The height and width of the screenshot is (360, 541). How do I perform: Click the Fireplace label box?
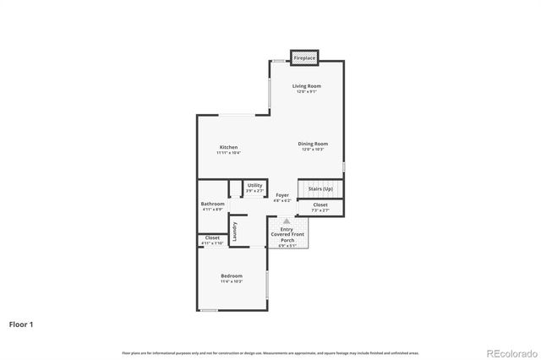tap(304, 58)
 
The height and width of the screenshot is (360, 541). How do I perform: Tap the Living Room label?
tap(307, 86)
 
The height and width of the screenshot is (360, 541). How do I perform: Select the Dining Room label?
tap(313, 144)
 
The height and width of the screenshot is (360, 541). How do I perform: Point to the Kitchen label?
tap(228, 147)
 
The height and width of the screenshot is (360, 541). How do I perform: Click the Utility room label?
tap(254, 185)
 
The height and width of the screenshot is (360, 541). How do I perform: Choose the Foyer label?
tap(282, 195)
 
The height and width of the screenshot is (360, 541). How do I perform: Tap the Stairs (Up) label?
tap(320, 188)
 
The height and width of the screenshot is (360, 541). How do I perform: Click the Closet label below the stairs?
tap(320, 205)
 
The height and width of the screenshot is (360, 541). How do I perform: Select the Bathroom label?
tap(212, 204)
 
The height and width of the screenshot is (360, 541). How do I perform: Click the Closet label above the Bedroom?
tap(212, 238)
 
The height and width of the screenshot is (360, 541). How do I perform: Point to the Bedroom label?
tap(232, 275)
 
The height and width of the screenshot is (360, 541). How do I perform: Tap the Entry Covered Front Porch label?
tap(287, 232)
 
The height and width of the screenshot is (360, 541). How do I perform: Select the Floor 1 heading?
tap(22, 324)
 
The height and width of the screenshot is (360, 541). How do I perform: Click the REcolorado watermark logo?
tap(507, 352)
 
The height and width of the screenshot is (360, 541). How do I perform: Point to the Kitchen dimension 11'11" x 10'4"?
tap(228, 153)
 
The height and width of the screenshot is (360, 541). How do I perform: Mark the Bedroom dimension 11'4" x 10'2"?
tap(232, 281)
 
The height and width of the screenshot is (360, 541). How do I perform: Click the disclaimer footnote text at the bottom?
tap(270, 352)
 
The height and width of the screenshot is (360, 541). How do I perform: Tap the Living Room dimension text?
tap(307, 91)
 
